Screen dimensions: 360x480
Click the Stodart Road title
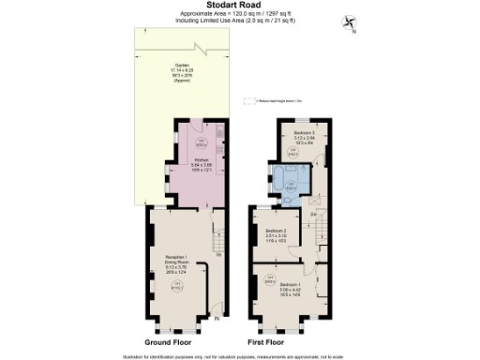[x=239, y=5]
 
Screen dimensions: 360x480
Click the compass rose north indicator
[x=350, y=22]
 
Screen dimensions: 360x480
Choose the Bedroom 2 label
[x=276, y=233]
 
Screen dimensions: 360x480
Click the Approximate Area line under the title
[x=239, y=13]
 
